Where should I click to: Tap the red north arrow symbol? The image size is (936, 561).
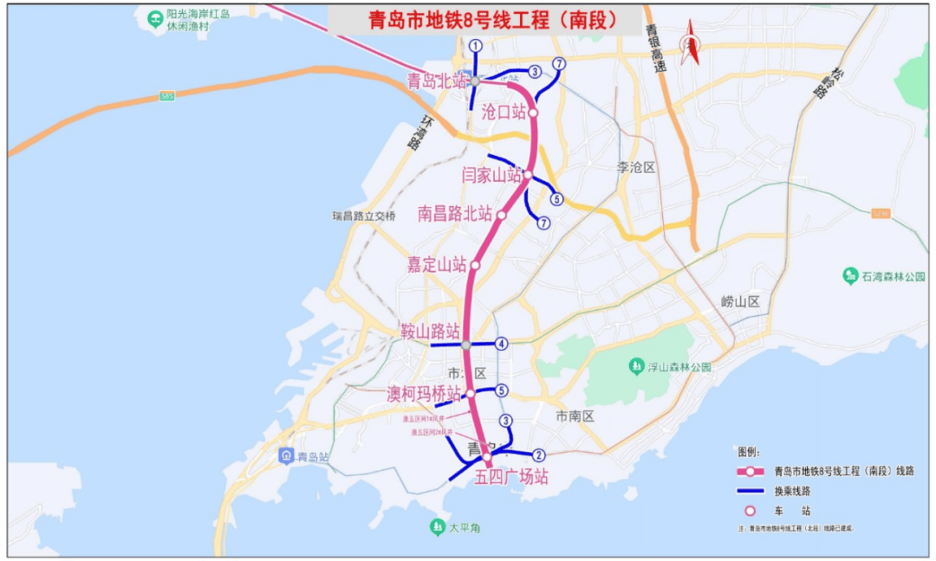(691, 43)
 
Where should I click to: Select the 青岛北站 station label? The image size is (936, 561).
(437, 81)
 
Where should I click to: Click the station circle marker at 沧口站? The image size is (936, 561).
(534, 113)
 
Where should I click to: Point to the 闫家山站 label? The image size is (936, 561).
(491, 175)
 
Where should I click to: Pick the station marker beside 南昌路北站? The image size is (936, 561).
(501, 214)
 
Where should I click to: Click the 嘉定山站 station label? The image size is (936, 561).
(437, 265)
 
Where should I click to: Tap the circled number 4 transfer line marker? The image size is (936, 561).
(502, 344)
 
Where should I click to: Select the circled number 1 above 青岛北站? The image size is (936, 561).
(475, 45)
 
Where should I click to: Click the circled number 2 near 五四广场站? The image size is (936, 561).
(538, 455)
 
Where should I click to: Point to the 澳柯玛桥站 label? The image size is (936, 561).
(424, 394)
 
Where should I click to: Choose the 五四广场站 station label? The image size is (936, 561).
(511, 477)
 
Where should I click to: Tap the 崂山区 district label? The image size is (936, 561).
(739, 301)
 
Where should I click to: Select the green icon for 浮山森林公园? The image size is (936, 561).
(635, 366)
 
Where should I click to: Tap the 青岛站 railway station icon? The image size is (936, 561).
(286, 455)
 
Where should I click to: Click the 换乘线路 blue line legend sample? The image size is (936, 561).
(751, 491)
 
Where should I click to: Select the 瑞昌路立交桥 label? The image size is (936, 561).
(364, 216)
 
